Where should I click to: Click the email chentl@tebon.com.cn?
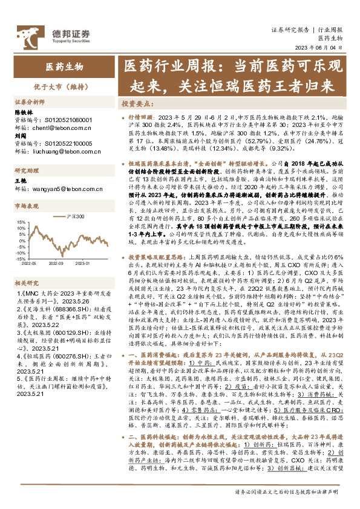[x=57, y=128]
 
